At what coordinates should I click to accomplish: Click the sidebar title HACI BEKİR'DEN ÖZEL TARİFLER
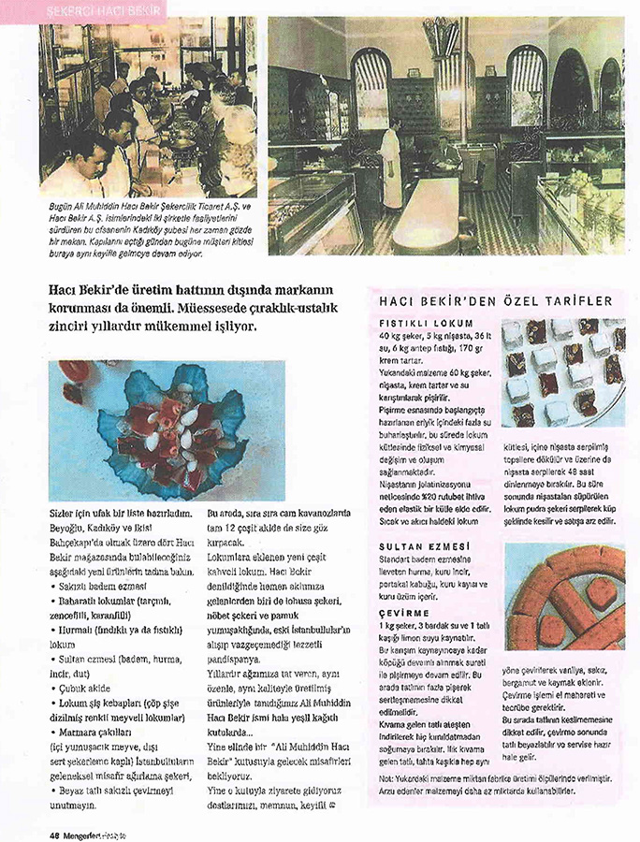pos(495,300)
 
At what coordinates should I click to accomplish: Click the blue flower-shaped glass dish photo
pos(167,431)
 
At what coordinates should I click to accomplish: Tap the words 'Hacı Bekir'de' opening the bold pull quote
pos(93,291)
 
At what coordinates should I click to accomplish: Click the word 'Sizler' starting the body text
pos(65,514)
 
